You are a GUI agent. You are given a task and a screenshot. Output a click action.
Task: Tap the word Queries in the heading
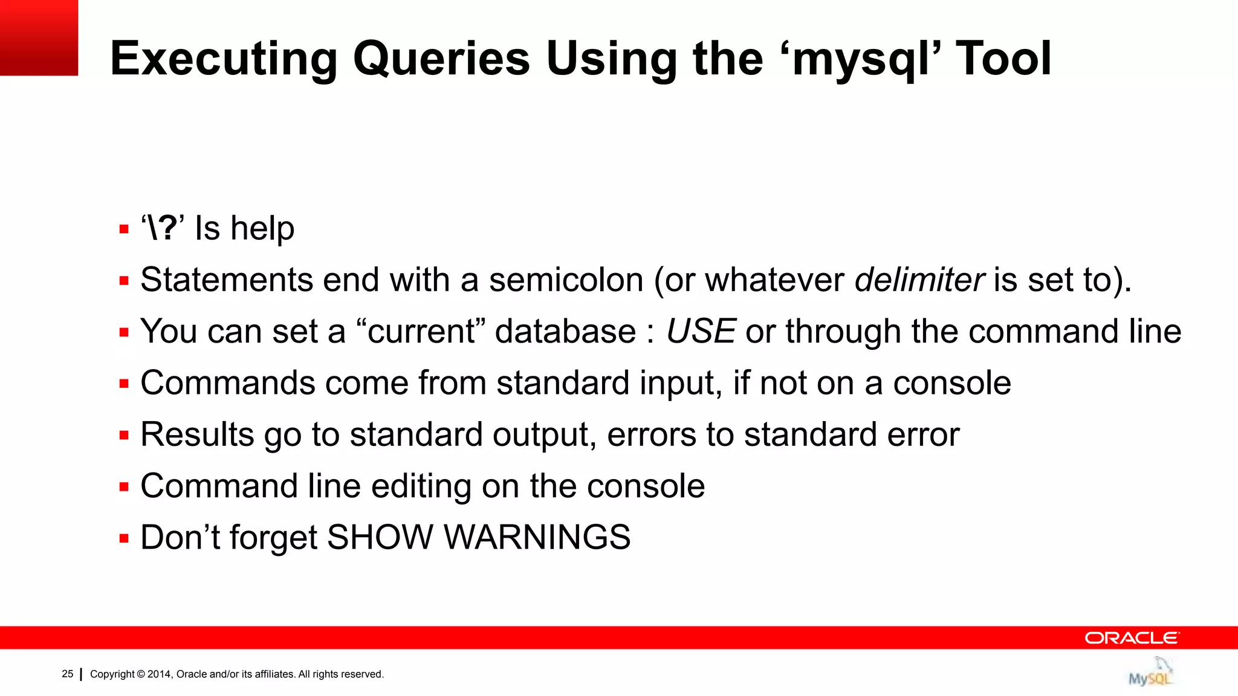pyautogui.click(x=441, y=59)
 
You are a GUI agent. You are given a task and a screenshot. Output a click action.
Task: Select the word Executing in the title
pyautogui.click(x=224, y=59)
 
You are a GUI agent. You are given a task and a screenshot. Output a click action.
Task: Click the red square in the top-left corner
pyautogui.click(x=39, y=37)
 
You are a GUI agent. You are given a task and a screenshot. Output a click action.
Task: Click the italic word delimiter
pyautogui.click(x=919, y=280)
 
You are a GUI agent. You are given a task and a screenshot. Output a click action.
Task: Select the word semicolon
pyautogui.click(x=566, y=280)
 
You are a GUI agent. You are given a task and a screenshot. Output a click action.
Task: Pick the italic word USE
pyautogui.click(x=701, y=331)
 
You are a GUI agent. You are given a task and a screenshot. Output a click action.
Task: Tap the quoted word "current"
pyautogui.click(x=421, y=331)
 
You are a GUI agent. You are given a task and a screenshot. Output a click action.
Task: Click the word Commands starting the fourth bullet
pyautogui.click(x=227, y=383)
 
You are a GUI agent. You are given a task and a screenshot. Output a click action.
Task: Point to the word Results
pyautogui.click(x=197, y=434)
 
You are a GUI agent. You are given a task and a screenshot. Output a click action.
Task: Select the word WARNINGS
pyautogui.click(x=537, y=537)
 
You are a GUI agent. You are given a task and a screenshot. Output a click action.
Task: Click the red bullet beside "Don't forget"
pyautogui.click(x=124, y=538)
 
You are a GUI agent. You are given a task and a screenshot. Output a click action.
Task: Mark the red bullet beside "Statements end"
pyautogui.click(x=124, y=281)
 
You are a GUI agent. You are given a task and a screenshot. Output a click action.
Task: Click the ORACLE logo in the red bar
pyautogui.click(x=1131, y=638)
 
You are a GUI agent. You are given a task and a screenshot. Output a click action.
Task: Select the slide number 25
pyautogui.click(x=68, y=674)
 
